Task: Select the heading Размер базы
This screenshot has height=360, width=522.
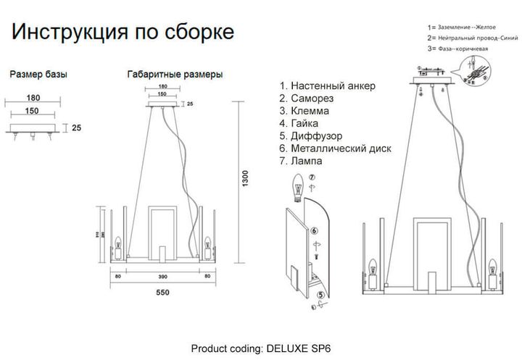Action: pyautogui.click(x=38, y=75)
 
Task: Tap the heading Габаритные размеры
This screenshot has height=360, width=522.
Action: pyautogui.click(x=175, y=75)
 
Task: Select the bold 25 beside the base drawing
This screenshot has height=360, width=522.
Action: pyautogui.click(x=76, y=128)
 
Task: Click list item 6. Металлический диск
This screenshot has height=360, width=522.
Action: pyautogui.click(x=335, y=148)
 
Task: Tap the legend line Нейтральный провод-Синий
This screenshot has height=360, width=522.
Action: pyautogui.click(x=472, y=37)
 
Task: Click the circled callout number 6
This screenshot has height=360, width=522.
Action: pyautogui.click(x=315, y=231)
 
